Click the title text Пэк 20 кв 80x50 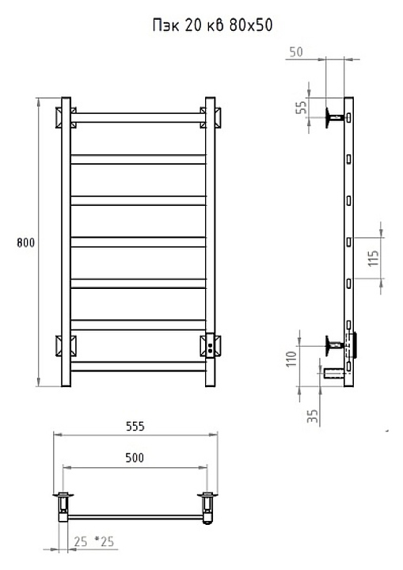click(x=212, y=25)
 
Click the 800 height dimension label click(x=26, y=242)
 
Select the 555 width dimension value click(x=135, y=426)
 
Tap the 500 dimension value click(x=135, y=458)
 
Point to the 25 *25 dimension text click(x=94, y=541)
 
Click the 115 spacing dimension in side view click(x=374, y=258)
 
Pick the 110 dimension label click(x=291, y=359)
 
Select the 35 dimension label click(x=313, y=416)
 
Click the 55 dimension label click(x=302, y=107)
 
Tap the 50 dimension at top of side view click(x=296, y=52)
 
